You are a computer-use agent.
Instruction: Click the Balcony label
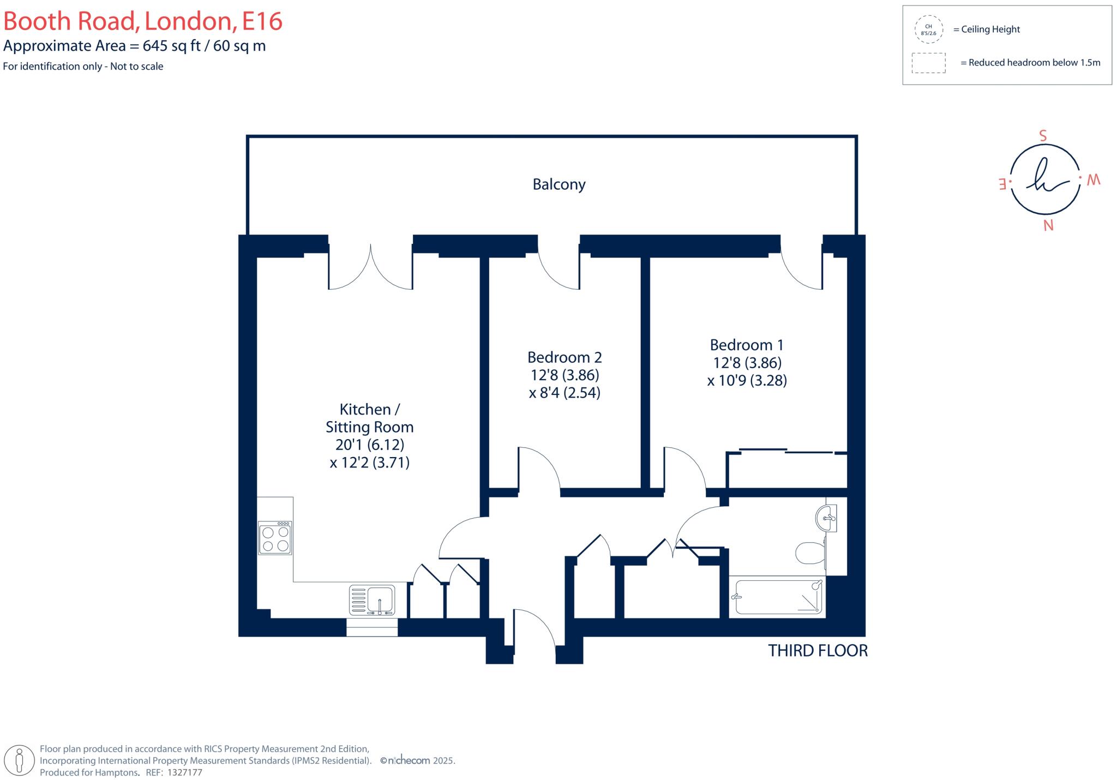coord(558,184)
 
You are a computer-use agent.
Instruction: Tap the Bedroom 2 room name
coord(564,357)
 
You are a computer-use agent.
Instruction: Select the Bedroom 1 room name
coord(746,345)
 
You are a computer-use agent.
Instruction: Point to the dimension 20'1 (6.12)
coord(369,445)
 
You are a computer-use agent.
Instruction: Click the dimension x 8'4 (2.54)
coord(564,393)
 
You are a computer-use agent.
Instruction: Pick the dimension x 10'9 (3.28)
coord(747,380)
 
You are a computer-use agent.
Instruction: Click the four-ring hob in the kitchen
coord(275,538)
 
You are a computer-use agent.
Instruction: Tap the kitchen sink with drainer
coord(371,600)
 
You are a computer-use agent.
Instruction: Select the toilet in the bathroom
coord(810,553)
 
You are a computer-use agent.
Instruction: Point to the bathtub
coord(777,597)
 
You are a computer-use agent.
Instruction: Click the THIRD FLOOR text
coord(817,651)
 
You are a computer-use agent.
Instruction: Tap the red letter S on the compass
coord(1043,136)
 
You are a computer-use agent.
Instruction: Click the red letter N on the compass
coord(1048,225)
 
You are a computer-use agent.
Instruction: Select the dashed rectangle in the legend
coord(928,63)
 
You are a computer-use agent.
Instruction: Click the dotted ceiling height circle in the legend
coord(928,29)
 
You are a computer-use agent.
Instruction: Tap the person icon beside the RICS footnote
coord(20,760)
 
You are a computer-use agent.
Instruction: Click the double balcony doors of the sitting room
coord(370,267)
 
